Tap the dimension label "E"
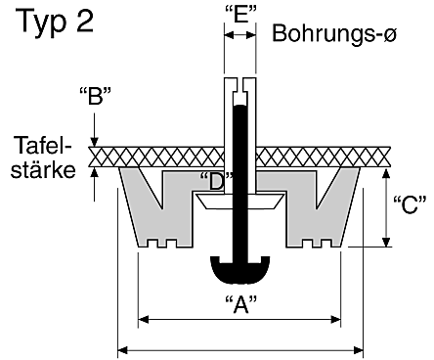point(240,15)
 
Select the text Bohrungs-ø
point(334,33)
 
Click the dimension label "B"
point(95,96)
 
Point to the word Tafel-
point(42,146)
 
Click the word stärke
point(43,170)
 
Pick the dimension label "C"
point(410,204)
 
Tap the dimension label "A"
point(240,304)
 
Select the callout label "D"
point(216,182)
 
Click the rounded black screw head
point(240,269)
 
